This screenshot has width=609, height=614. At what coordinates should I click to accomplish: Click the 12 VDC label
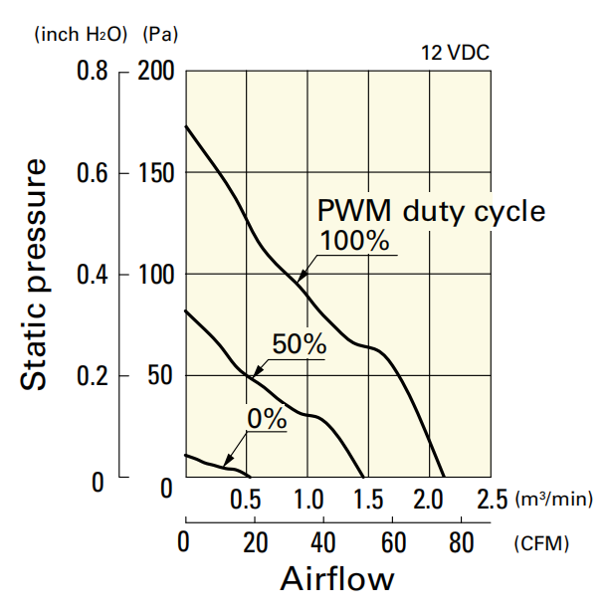pyautogui.click(x=456, y=53)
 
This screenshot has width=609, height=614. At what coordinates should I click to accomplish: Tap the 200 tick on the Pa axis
pyautogui.click(x=156, y=72)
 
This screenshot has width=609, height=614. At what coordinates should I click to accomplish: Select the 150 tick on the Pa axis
pyautogui.click(x=156, y=173)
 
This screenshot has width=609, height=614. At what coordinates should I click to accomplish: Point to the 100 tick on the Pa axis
pyautogui.click(x=156, y=275)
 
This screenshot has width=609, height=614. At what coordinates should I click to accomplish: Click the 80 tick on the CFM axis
pyautogui.click(x=461, y=543)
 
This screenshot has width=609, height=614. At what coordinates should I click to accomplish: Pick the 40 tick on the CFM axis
pyautogui.click(x=322, y=543)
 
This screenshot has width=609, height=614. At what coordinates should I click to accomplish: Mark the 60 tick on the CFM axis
pyautogui.click(x=392, y=543)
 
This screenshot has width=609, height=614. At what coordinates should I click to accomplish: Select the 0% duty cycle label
pyautogui.click(x=266, y=419)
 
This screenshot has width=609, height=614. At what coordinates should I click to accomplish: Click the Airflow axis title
pyautogui.click(x=337, y=579)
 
